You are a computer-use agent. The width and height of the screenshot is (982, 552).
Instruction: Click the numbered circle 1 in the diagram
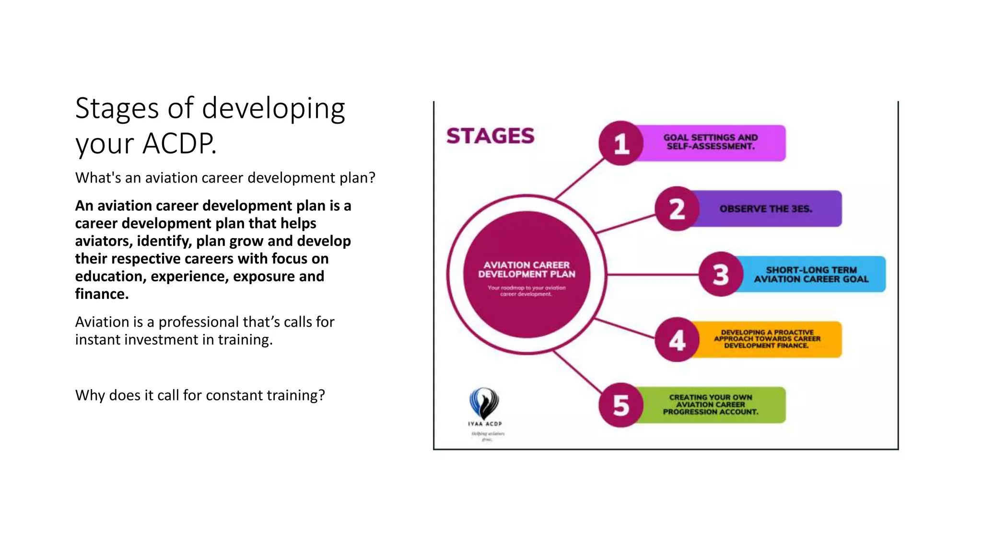pyautogui.click(x=621, y=143)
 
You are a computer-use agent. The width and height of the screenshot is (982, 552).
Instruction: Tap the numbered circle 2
pyautogui.click(x=677, y=209)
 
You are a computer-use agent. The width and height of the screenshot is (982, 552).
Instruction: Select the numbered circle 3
pyautogui.click(x=721, y=275)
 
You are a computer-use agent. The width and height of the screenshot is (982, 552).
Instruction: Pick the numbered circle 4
pyautogui.click(x=677, y=340)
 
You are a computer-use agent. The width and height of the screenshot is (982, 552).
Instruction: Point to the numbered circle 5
pyautogui.click(x=621, y=405)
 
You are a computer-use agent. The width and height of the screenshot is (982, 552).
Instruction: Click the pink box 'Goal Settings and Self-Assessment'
pyautogui.click(x=711, y=142)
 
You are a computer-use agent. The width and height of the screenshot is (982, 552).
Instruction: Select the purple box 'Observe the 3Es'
pyautogui.click(x=766, y=209)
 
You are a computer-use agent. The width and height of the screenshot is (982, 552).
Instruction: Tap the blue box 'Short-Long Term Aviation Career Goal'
pyautogui.click(x=811, y=275)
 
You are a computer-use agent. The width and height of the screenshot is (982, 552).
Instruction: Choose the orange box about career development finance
pyautogui.click(x=767, y=339)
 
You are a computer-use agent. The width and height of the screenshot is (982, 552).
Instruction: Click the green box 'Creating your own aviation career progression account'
pyautogui.click(x=711, y=405)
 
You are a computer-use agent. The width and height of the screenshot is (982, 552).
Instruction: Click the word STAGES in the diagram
pyautogui.click(x=490, y=136)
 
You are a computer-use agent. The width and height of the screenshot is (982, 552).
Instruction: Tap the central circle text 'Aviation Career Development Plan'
pyautogui.click(x=526, y=270)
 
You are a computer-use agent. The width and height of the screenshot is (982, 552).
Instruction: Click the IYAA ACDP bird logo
pyautogui.click(x=484, y=403)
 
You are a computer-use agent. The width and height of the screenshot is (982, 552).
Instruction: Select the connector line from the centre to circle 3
pyautogui.click(x=652, y=275)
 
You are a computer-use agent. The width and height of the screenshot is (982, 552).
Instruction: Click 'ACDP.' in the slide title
pyautogui.click(x=180, y=143)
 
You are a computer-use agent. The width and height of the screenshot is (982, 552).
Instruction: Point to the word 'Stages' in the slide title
pyautogui.click(x=117, y=108)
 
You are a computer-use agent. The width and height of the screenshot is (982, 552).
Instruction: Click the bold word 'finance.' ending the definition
pyautogui.click(x=102, y=294)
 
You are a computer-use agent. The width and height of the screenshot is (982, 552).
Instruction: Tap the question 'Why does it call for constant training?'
pyautogui.click(x=200, y=395)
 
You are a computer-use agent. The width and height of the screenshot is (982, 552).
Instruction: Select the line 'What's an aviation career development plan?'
pyautogui.click(x=225, y=178)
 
